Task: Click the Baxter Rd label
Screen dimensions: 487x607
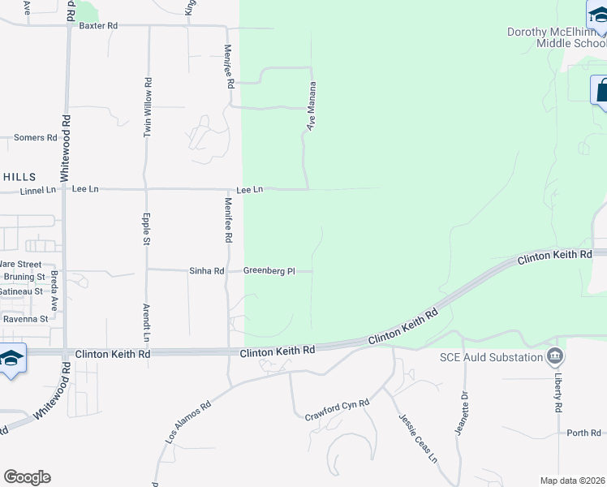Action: tap(98, 26)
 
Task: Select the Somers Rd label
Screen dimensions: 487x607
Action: tap(35, 138)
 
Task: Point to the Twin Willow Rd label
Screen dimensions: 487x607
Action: tap(148, 107)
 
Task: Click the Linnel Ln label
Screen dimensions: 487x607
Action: tap(37, 190)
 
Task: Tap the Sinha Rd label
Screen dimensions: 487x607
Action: tap(208, 271)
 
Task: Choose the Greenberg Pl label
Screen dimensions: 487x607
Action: tap(269, 271)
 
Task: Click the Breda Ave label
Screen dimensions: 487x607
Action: tap(54, 291)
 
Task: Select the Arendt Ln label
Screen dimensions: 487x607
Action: tap(147, 323)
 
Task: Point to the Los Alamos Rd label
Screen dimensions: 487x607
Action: tap(188, 420)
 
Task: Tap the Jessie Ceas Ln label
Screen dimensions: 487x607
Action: tap(418, 438)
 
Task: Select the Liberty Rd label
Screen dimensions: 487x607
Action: tap(558, 395)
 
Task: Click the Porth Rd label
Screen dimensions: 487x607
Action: tap(583, 433)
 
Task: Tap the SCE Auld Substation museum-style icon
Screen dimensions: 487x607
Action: tap(555, 356)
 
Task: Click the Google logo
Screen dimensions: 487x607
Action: tap(27, 477)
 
